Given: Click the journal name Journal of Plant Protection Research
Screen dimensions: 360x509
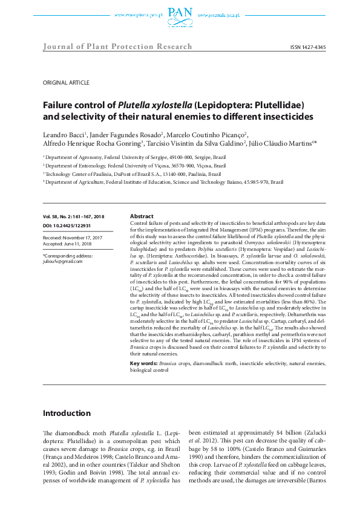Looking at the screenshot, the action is pos(117,47).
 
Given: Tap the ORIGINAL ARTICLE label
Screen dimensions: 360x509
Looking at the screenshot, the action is pos(66,82).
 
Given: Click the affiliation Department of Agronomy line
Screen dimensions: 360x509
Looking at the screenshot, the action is pos(132,155).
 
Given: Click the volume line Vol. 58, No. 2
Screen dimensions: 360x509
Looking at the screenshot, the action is pos(73,216).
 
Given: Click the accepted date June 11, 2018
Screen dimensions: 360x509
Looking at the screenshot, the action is pos(70,244).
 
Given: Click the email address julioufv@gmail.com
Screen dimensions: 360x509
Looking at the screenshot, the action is pos(62,261).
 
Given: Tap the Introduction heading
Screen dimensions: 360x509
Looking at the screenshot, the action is pos(66,413).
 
